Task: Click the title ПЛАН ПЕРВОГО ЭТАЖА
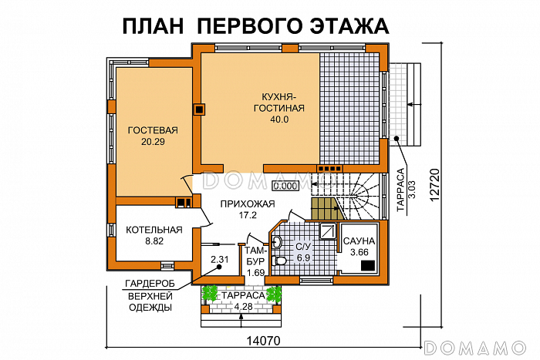pos(255,26)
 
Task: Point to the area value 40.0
pos(277,119)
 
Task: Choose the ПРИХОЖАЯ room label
pos(246,204)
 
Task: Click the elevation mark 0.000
pos(285,186)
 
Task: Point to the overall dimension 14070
pos(263,340)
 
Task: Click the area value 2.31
pos(220,260)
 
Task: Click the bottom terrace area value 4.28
pos(242,308)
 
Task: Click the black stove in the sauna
pos(367,266)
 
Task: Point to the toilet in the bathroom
pos(282,262)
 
